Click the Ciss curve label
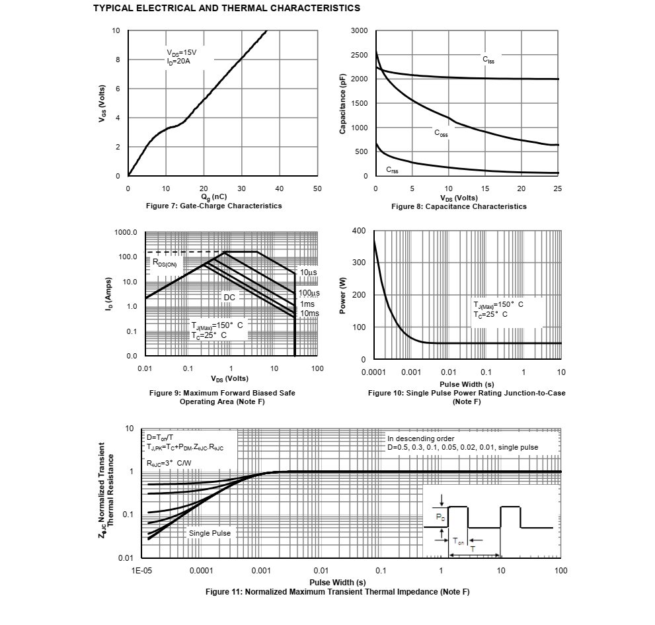pos(488,60)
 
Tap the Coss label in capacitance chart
pos(441,133)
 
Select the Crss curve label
pos(393,170)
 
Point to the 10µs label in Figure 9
pos(308,272)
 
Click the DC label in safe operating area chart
pos(229,298)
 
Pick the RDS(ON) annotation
pos(165,263)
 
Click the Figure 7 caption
pos(213,206)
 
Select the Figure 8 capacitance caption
pos(459,206)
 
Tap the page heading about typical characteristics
pos(227,8)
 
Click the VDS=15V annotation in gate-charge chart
pos(181,53)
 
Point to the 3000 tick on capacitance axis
pos(360,31)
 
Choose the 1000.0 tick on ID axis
pos(126,233)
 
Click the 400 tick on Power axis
pos(359,231)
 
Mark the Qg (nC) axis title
pos(213,197)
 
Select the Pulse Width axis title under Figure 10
pos(467,384)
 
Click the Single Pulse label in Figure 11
pos(210,533)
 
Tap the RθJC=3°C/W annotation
pos(169,462)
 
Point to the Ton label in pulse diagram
pos(459,542)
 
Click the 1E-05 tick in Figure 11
pos(142,570)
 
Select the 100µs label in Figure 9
pos(309,293)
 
